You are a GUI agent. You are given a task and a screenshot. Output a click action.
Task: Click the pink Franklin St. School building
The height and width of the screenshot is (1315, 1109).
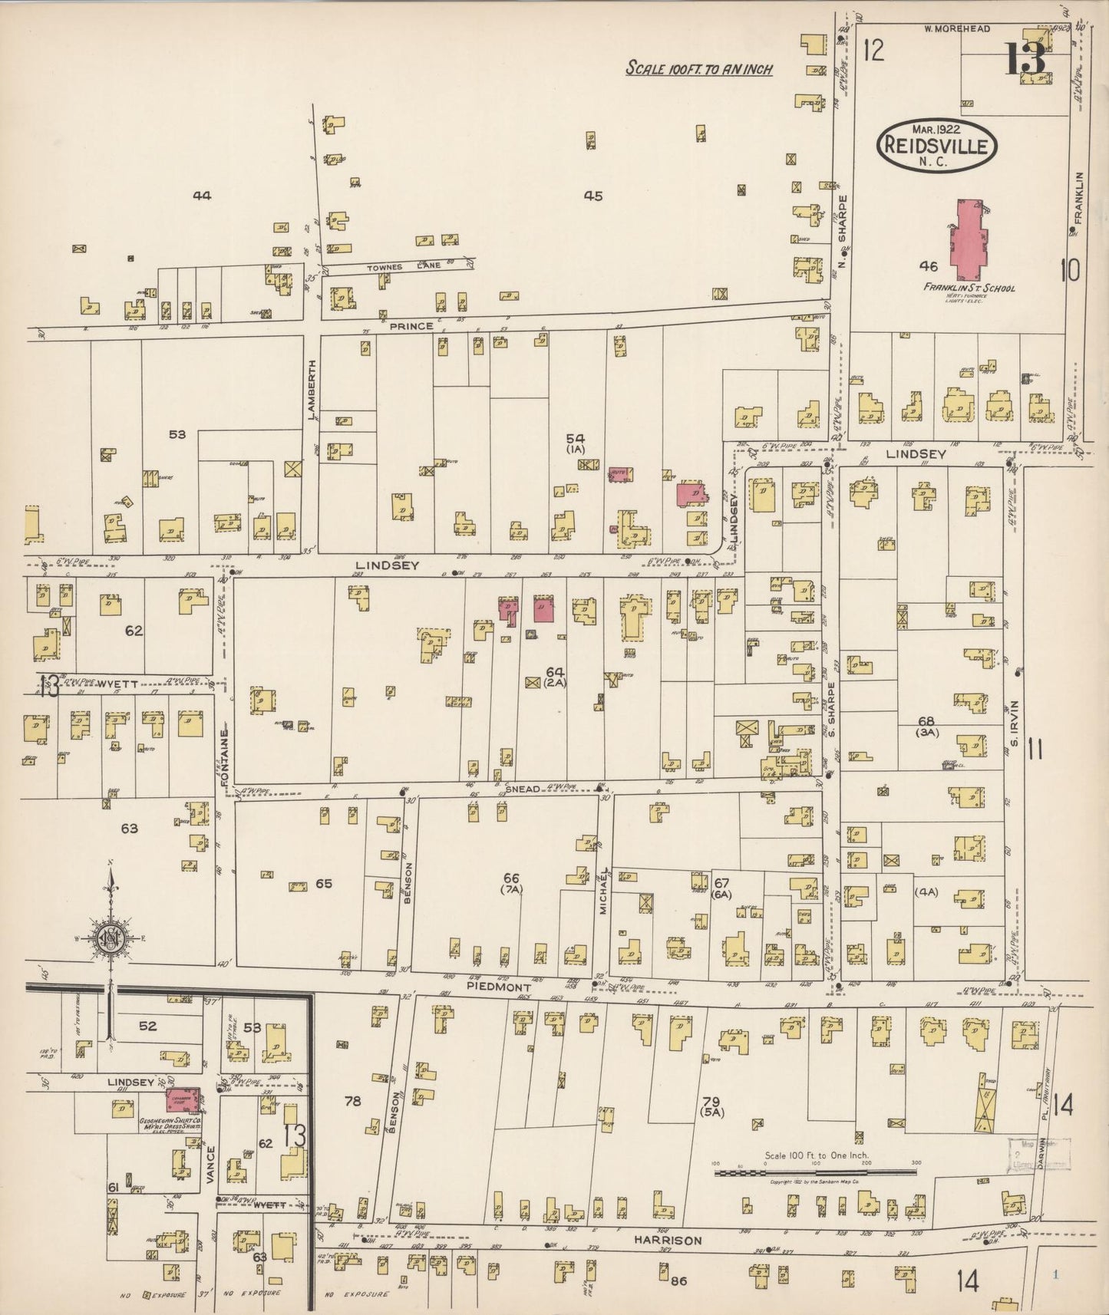pos(969,239)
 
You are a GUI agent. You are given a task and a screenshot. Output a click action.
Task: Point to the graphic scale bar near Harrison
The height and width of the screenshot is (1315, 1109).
pos(817,1172)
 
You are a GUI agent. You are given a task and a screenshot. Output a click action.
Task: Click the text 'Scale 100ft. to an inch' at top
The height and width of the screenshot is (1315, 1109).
pos(698,68)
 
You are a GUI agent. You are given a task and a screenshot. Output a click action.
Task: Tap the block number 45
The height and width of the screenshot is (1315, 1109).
pos(592,196)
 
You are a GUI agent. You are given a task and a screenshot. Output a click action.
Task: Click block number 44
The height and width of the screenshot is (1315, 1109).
pos(202,196)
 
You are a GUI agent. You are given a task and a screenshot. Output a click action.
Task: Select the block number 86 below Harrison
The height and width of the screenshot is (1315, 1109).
pos(677,1280)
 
